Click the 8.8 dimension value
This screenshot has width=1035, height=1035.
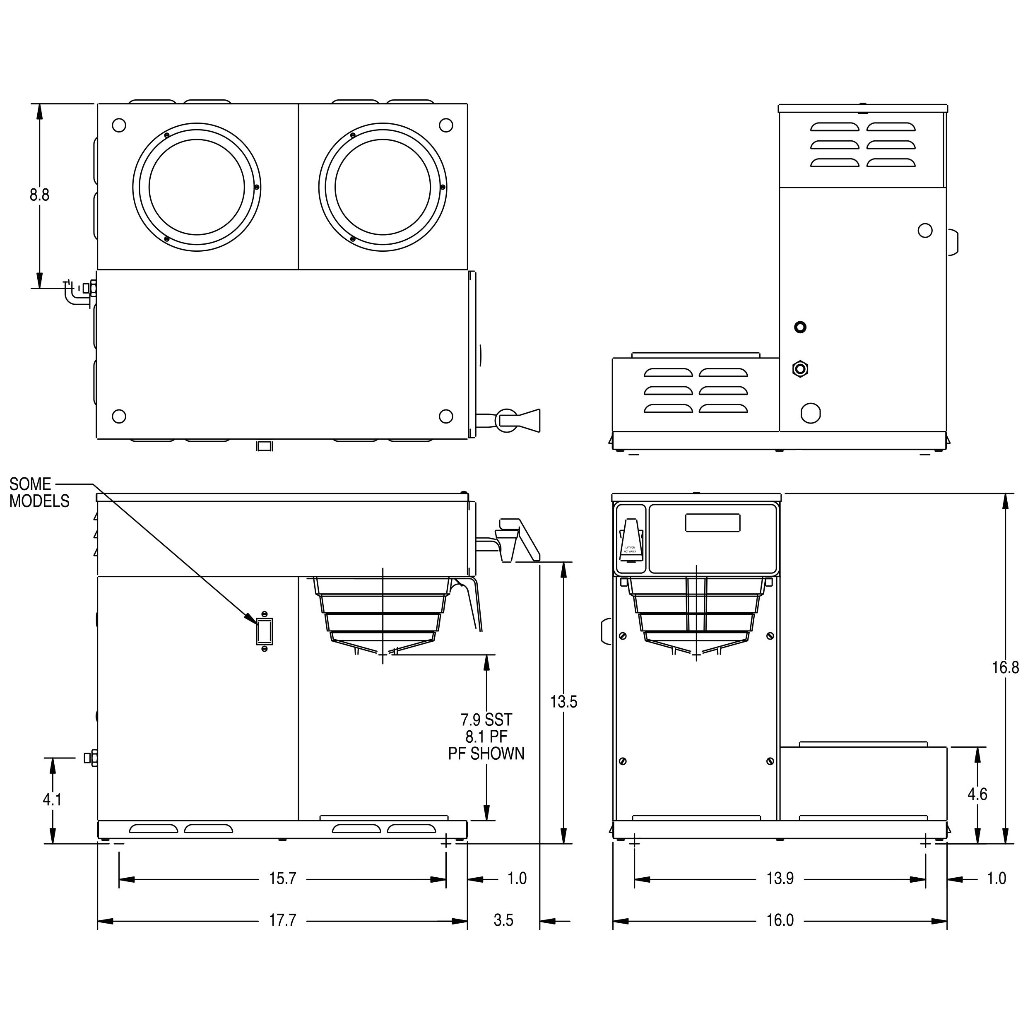(39, 195)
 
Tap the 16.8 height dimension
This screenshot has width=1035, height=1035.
(1005, 667)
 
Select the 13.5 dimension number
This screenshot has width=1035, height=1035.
(563, 702)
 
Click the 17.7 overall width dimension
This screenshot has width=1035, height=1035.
(282, 920)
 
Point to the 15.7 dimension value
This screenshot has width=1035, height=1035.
(282, 879)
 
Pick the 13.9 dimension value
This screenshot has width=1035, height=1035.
(780, 879)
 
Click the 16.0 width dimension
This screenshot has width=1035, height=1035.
(780, 920)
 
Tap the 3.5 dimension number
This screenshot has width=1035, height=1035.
(503, 920)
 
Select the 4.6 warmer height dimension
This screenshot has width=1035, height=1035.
(977, 794)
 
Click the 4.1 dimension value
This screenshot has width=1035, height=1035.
(52, 800)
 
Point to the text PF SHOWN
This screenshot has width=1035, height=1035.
(486, 754)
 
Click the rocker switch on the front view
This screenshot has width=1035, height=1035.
(264, 631)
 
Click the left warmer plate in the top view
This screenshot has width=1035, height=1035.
(197, 187)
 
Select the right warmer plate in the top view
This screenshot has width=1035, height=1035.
(383, 187)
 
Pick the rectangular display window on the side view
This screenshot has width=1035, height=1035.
(712, 522)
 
